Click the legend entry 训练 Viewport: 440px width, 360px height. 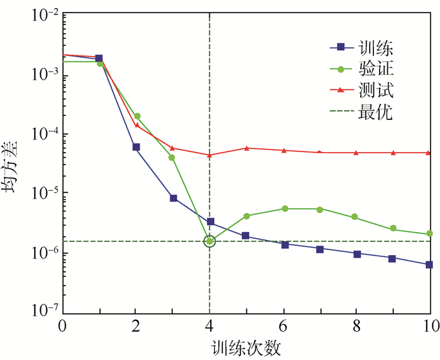point(371,46)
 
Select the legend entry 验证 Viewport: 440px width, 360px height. point(371,69)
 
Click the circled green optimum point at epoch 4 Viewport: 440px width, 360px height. point(210,241)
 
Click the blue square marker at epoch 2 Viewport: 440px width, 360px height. point(136,147)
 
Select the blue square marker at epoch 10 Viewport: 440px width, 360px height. point(430,265)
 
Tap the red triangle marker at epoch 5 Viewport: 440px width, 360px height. point(247,148)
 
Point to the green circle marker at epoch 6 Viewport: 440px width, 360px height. point(284,209)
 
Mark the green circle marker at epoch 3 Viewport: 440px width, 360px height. point(173,157)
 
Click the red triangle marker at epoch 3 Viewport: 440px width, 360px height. point(173,148)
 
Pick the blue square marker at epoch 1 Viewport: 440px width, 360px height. point(99,58)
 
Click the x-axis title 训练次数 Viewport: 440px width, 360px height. point(246,347)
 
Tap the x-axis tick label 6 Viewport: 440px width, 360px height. point(284,327)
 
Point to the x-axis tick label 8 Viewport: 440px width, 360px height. point(356,327)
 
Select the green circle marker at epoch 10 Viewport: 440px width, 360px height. point(430,234)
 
